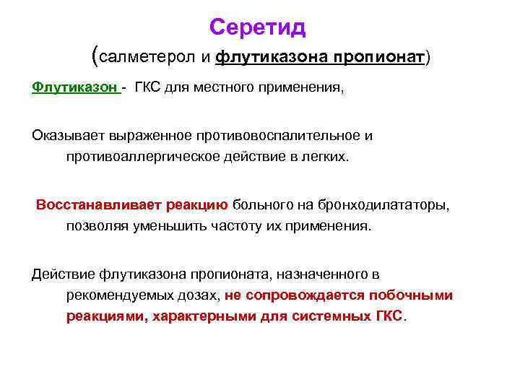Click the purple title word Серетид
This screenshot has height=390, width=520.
[x=258, y=27]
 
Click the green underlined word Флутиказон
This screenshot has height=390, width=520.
[x=74, y=87]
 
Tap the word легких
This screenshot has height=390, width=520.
[x=322, y=157]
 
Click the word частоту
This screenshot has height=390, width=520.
[x=253, y=225]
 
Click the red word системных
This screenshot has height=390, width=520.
[x=337, y=316]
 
